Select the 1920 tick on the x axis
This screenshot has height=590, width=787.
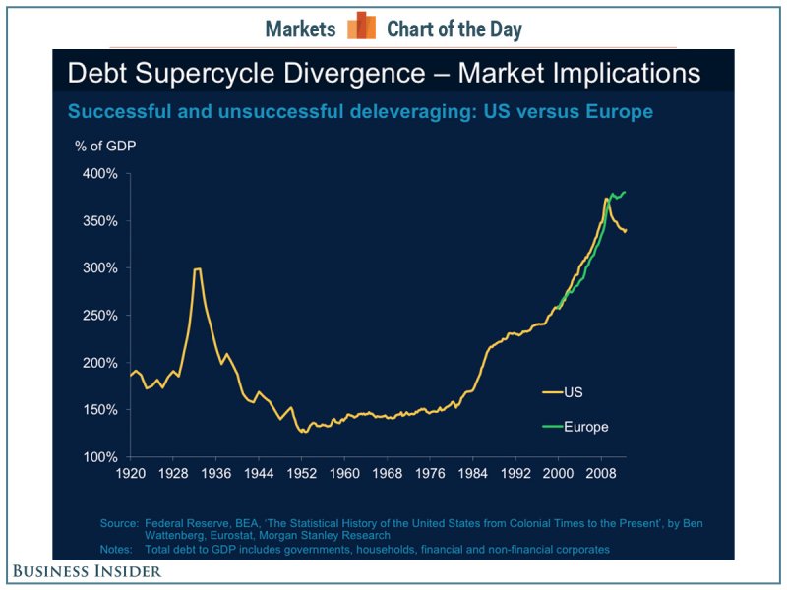[131, 471]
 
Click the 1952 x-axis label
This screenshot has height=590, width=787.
[301, 471]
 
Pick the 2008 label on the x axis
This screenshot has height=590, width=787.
[600, 471]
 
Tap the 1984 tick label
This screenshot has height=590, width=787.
[472, 471]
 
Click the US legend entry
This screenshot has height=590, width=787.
[573, 391]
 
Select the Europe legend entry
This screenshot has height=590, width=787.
[586, 427]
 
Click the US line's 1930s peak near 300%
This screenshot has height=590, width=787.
[198, 268]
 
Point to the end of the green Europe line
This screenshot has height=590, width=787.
[626, 192]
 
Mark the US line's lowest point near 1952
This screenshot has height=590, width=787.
[301, 431]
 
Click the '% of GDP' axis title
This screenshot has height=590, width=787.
[105, 147]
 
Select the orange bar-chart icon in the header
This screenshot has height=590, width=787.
[362, 27]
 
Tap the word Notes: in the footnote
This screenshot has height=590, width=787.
[118, 549]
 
